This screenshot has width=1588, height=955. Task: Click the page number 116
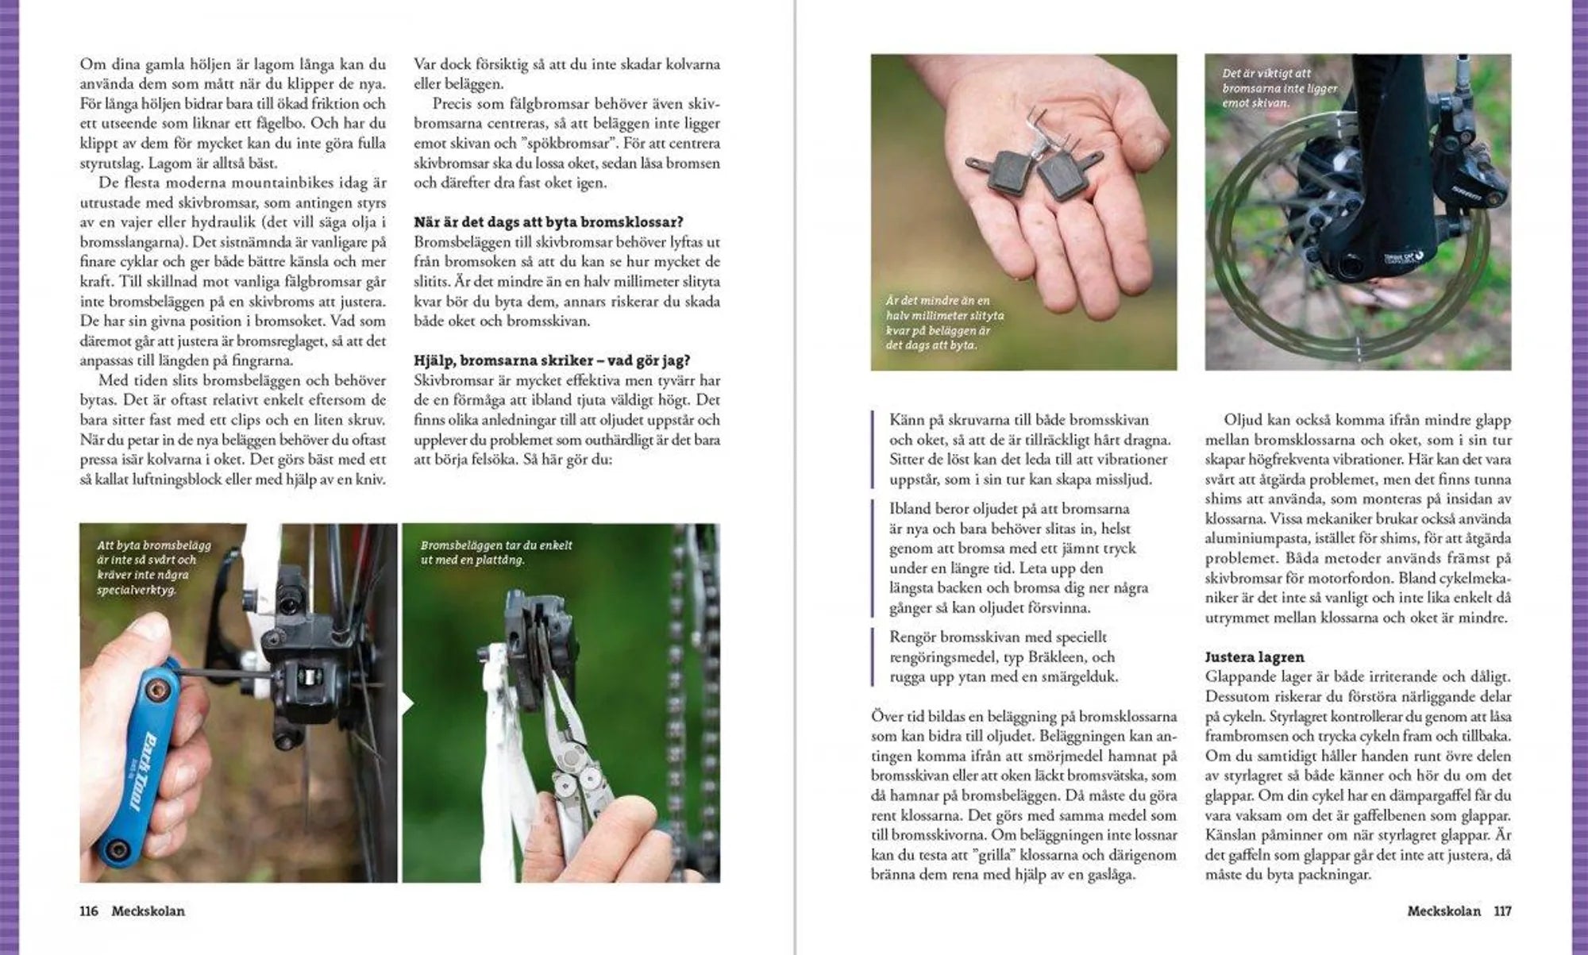(89, 911)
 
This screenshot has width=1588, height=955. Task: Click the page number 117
(1502, 911)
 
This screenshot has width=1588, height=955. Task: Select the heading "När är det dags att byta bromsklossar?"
(549, 222)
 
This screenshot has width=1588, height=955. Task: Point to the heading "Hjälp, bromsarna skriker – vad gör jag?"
(552, 360)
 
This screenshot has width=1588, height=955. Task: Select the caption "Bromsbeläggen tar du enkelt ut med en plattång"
(496, 553)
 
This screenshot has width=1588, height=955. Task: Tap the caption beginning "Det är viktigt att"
(1280, 88)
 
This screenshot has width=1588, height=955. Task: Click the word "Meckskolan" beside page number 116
(148, 911)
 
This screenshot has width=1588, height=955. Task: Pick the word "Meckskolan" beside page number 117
(1444, 911)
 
